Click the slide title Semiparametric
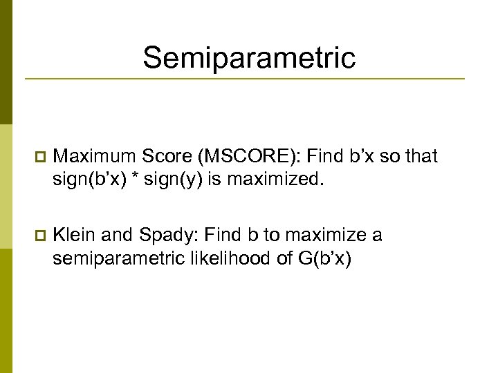coord(249,58)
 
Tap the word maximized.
coord(275,180)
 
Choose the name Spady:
coord(167,236)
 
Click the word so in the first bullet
coord(389,157)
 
